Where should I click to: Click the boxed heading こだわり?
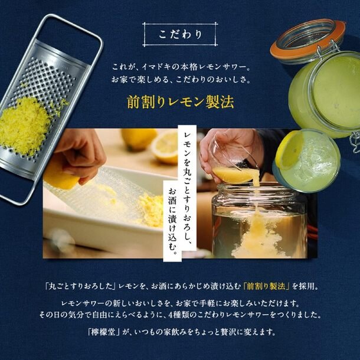[180, 34]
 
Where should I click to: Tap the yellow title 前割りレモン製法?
[180, 102]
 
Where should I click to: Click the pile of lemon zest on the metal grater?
[24, 126]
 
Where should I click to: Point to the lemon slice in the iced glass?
[289, 149]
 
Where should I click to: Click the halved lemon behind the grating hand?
[165, 148]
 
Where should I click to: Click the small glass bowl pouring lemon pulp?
[232, 165]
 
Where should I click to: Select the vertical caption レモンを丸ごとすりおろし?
[188, 191]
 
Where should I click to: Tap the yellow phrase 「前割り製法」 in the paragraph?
[266, 286]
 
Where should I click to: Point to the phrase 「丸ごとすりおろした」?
[80, 286]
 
